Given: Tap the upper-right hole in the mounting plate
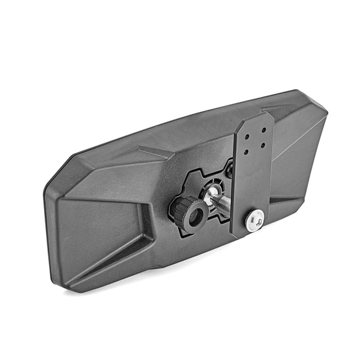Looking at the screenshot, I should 264,130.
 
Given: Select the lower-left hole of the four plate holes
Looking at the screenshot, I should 248,151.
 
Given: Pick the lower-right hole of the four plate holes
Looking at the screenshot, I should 263,146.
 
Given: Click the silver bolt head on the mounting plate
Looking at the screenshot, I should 253,220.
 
